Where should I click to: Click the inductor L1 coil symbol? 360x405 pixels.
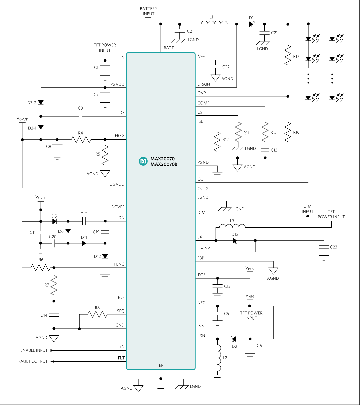[x=214, y=23]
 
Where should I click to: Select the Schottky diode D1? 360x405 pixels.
[x=252, y=24]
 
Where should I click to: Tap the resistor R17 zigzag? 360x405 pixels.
[x=288, y=56]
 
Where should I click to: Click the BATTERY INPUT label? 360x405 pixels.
[x=149, y=11]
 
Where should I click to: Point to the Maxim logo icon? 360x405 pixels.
[x=143, y=161]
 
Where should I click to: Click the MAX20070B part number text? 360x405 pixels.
[x=164, y=164]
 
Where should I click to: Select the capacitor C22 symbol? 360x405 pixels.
[x=216, y=67]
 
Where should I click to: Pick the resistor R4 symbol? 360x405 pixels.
[x=80, y=139]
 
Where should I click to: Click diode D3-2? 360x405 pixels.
[x=41, y=103]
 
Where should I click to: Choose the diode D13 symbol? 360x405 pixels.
[x=235, y=240]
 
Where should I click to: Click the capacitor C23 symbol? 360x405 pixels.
[x=324, y=247]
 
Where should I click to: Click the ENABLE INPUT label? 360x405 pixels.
[x=34, y=350]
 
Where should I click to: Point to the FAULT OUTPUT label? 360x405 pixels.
[x=33, y=361]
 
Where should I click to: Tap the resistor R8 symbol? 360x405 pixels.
[x=97, y=314]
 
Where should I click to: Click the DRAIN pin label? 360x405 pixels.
[x=204, y=84]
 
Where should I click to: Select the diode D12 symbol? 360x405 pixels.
[x=105, y=256]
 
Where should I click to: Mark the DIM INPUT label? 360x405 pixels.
[x=307, y=209]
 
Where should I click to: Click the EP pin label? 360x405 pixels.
[x=161, y=365]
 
